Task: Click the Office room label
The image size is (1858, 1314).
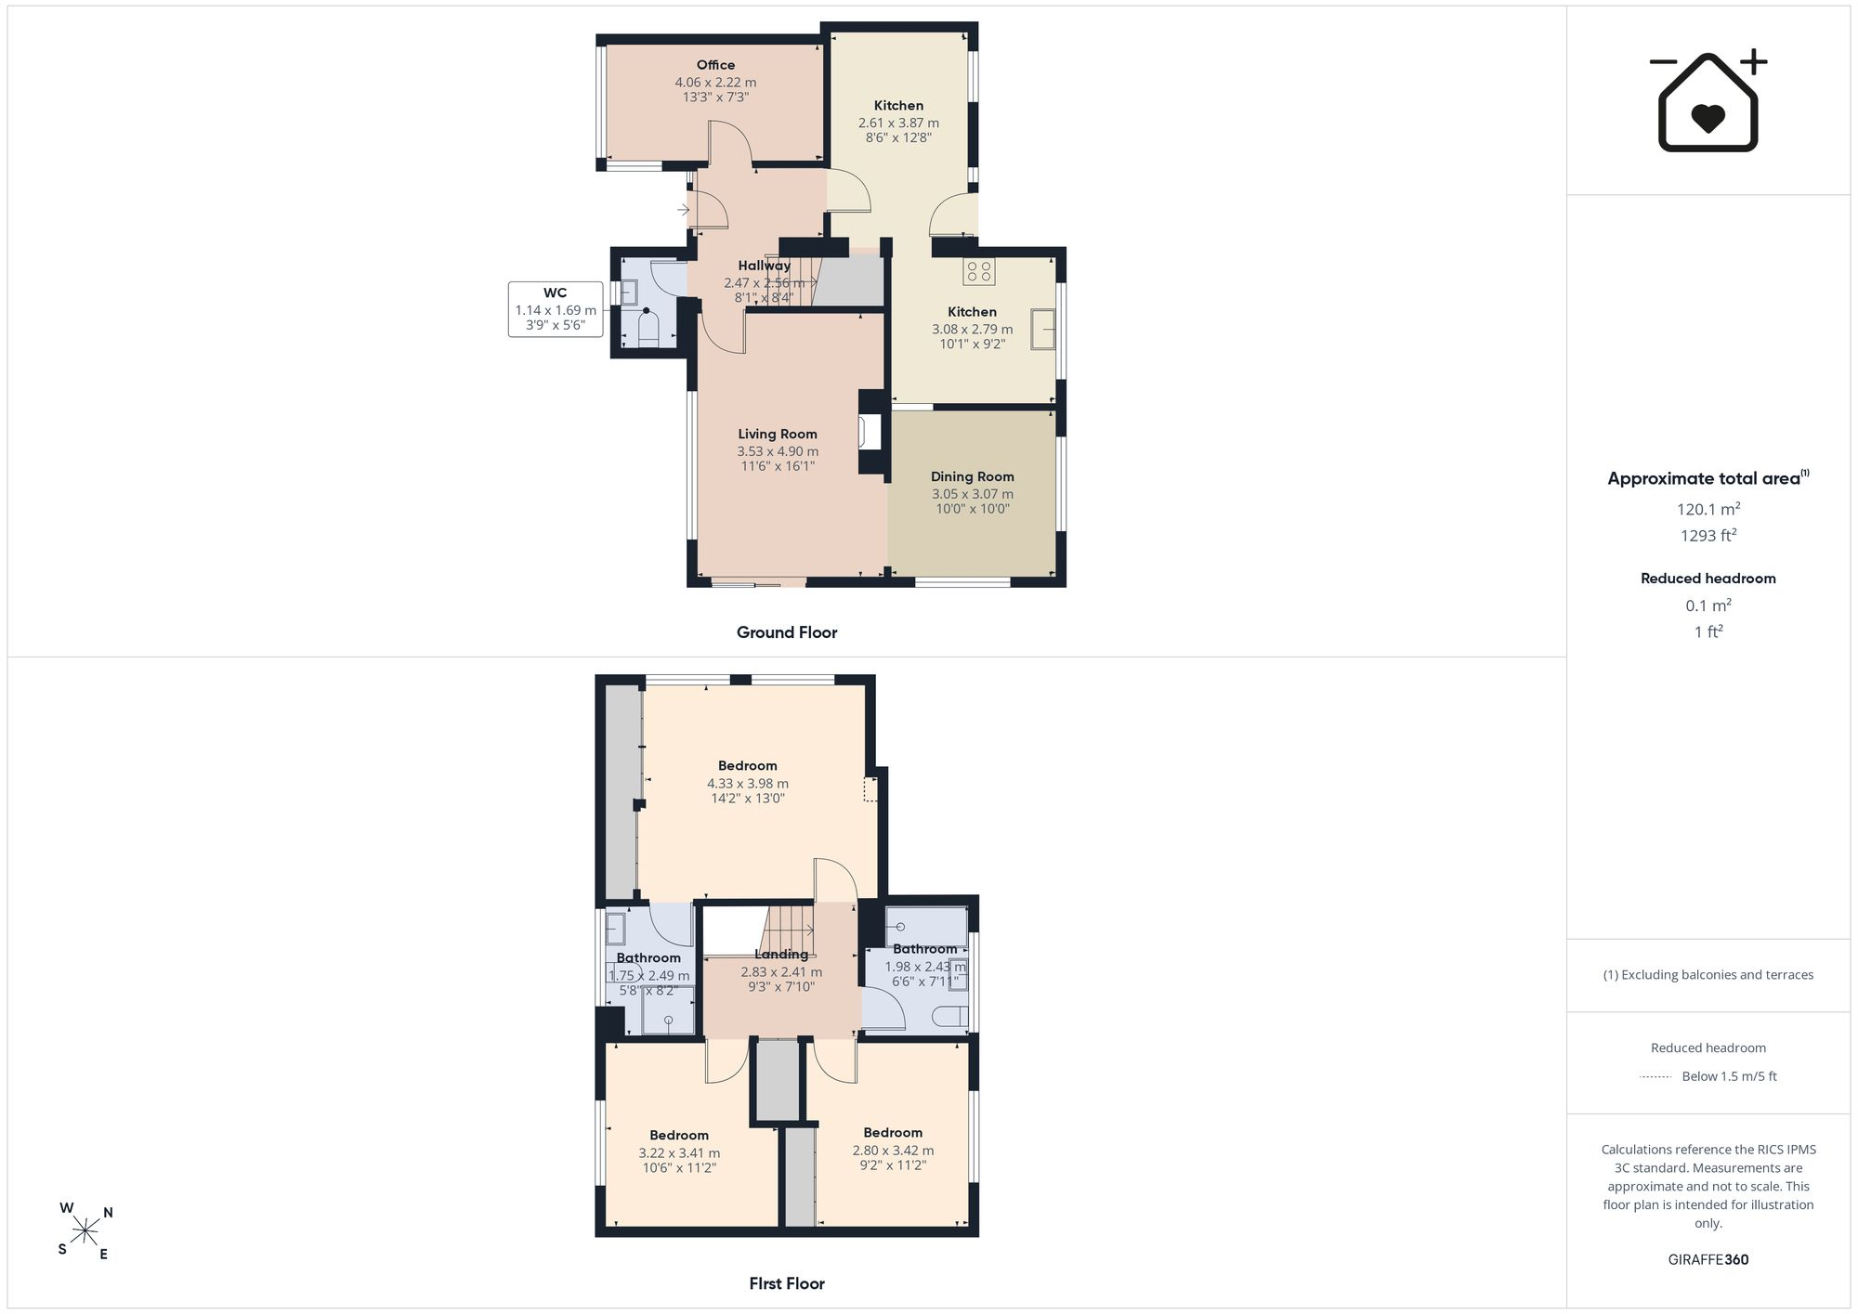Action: coord(715,65)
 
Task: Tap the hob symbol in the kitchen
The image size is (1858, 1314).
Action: coord(979,271)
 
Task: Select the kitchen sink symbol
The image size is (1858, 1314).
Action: coord(1043,329)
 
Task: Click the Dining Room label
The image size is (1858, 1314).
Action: coord(972,476)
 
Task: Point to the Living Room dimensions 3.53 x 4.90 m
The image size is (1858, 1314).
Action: coord(778,451)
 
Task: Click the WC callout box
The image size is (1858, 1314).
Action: coord(556,309)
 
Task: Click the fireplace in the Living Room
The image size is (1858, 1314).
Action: coord(870,432)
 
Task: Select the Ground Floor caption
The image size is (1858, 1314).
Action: coord(787,632)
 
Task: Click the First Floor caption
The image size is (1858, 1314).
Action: coord(787,1283)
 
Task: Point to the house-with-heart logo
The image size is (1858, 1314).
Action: coord(1708,100)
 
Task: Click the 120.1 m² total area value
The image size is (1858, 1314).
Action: coord(1708,509)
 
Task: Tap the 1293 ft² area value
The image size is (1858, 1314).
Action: coord(1708,535)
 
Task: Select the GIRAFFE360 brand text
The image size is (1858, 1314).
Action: coord(1708,1259)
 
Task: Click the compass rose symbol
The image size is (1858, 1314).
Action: coord(85,1231)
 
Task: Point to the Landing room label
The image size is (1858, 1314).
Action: coord(781,955)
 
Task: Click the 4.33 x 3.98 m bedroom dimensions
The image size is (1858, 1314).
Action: coord(748,784)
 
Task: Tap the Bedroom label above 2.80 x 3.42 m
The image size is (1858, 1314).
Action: coord(893,1133)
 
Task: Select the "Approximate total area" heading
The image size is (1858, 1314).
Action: coord(1704,479)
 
